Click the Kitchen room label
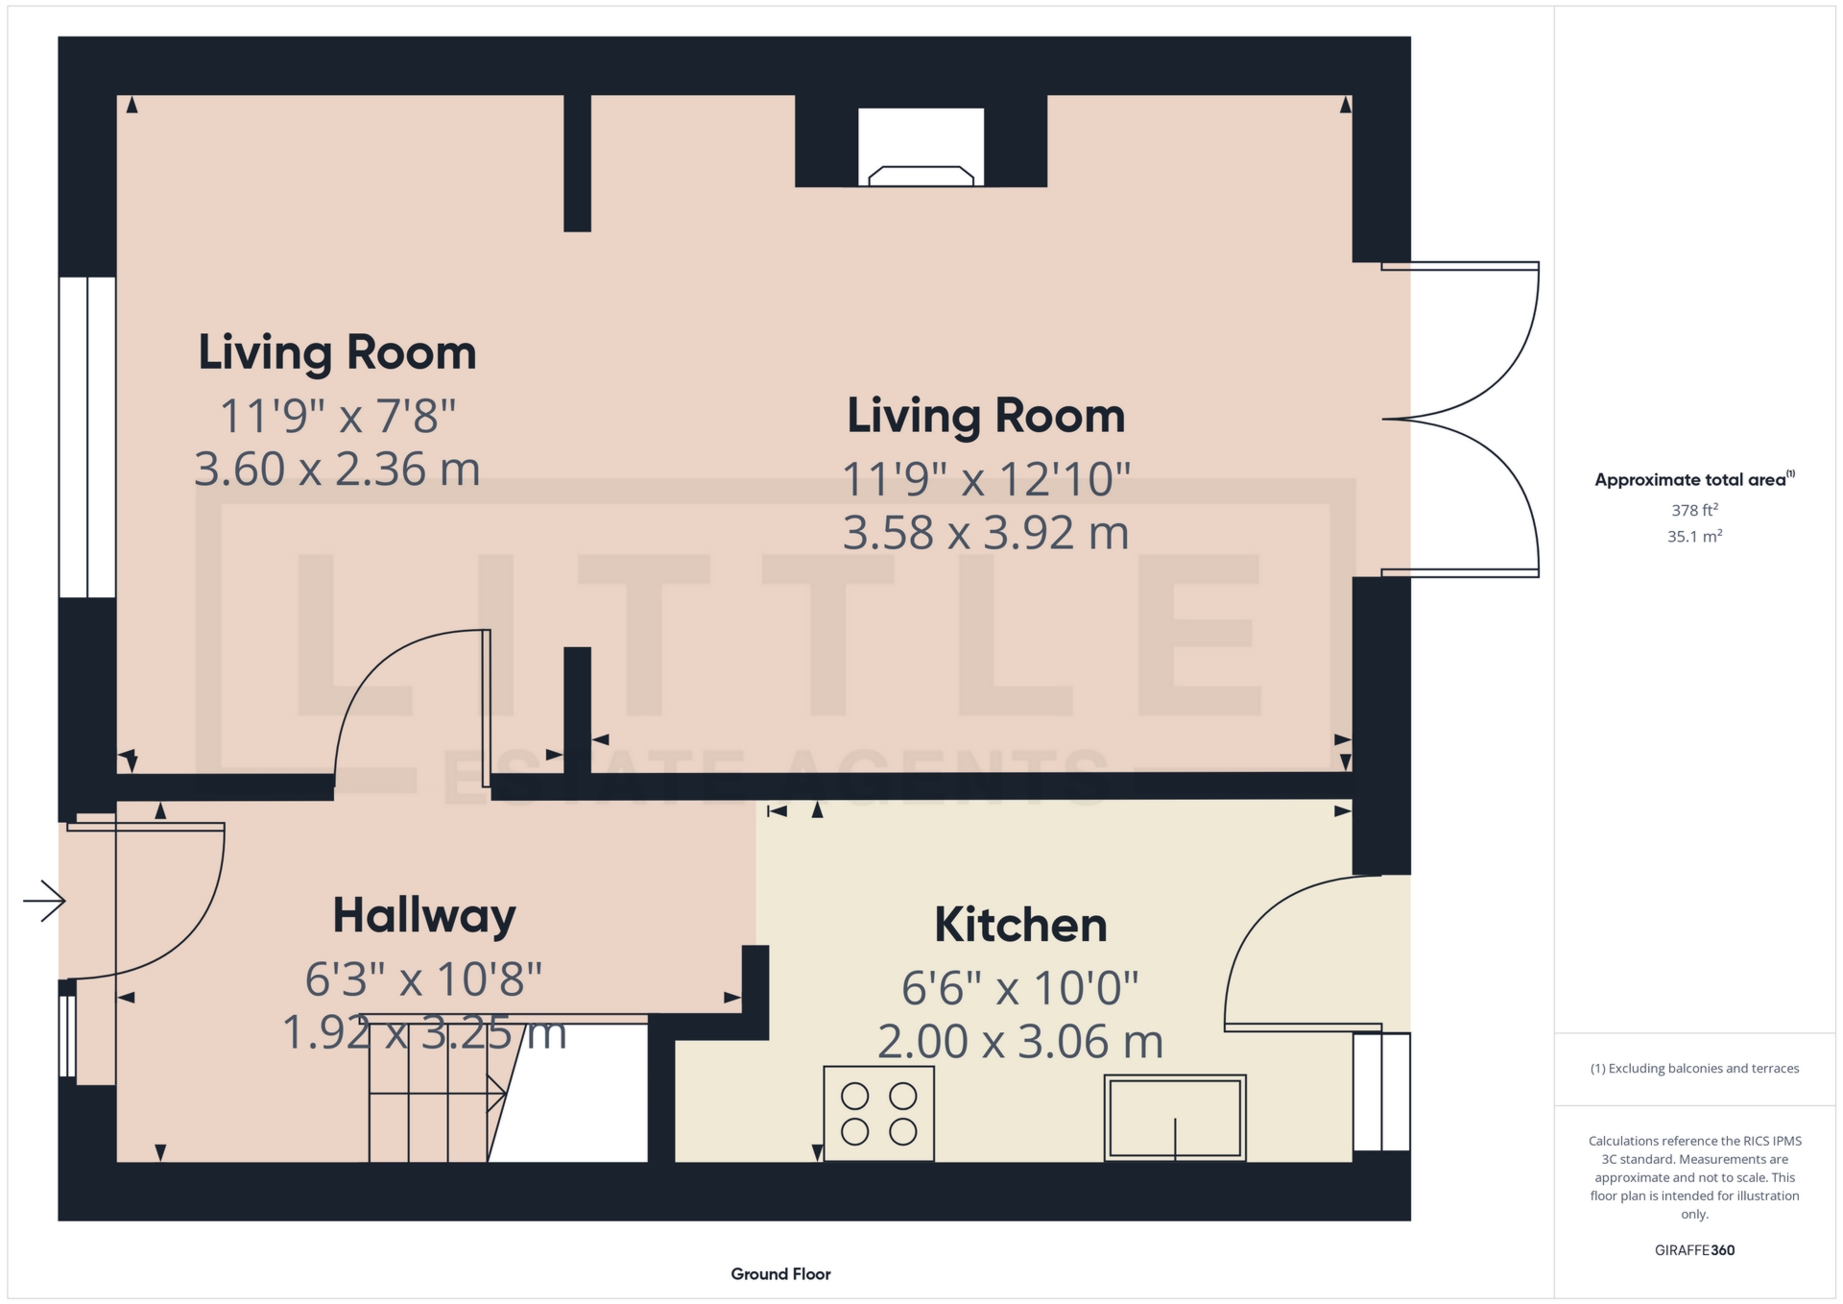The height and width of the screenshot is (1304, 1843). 1020,926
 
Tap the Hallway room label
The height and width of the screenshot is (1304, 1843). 424,916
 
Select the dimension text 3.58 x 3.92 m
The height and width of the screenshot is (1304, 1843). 986,533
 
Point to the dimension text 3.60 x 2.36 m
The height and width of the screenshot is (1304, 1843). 337,470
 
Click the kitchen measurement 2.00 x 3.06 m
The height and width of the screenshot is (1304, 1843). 1020,1042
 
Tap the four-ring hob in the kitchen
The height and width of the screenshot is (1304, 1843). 878,1114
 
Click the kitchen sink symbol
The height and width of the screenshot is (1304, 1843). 1174,1118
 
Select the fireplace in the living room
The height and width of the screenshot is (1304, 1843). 921,148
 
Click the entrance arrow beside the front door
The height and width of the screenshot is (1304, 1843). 44,901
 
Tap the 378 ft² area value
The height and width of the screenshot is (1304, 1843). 1694,510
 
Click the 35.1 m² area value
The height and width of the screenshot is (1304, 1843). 1694,536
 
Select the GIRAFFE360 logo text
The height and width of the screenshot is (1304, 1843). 1694,1250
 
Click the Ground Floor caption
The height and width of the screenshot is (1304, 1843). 780,1274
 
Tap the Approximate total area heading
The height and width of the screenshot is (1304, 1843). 1693,479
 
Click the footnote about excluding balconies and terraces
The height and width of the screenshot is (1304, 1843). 1694,1069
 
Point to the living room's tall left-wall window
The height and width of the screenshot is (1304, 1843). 87,437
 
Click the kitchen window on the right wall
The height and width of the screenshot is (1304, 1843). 1381,1092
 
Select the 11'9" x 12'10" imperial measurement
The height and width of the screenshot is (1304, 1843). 986,479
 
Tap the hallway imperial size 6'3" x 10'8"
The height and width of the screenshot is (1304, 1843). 423,980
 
